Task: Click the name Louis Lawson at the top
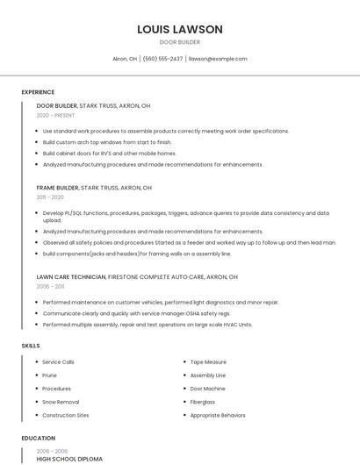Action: (x=180, y=29)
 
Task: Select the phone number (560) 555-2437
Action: (x=162, y=59)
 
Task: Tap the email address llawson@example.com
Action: (x=218, y=59)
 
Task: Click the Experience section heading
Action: (x=38, y=92)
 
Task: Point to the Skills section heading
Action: (x=31, y=346)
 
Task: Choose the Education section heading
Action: (x=38, y=438)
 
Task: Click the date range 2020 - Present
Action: (x=55, y=115)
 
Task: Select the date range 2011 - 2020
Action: (x=50, y=197)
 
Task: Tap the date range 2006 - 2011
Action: (x=50, y=286)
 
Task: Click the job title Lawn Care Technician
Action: (x=71, y=276)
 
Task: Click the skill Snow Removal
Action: (x=61, y=402)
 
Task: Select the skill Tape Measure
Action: (x=208, y=362)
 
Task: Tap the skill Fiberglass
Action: (x=203, y=402)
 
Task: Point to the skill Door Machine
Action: (x=207, y=389)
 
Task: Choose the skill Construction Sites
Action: (x=66, y=415)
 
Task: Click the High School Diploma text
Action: (x=69, y=459)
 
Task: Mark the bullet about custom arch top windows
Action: (x=107, y=142)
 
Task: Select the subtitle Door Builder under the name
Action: (x=180, y=42)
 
